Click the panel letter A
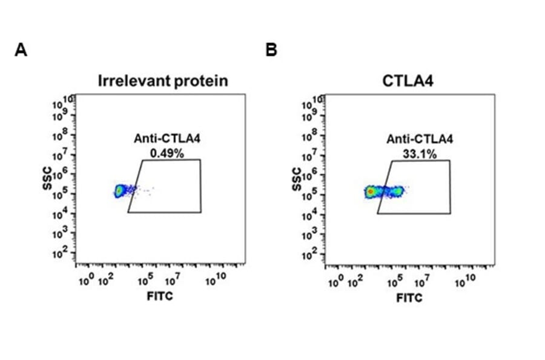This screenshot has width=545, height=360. pos(21,50)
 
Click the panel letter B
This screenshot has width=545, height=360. pos(271,50)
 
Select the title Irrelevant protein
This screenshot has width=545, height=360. pos(163,81)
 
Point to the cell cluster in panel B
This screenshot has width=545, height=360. pos(383,192)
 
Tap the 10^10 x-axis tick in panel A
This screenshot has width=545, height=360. pos(215,281)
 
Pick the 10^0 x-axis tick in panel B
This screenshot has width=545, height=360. pos(335,281)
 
